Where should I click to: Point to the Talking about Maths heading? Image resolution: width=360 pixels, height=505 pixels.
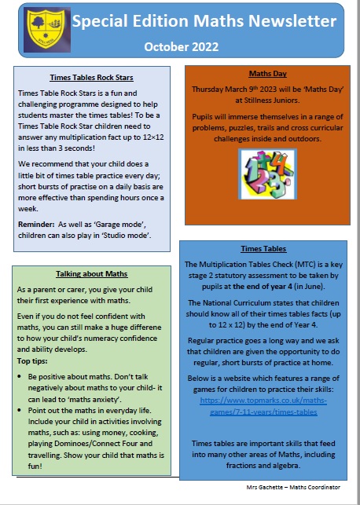click(92, 274)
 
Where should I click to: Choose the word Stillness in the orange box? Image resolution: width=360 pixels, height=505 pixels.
click(236, 101)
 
